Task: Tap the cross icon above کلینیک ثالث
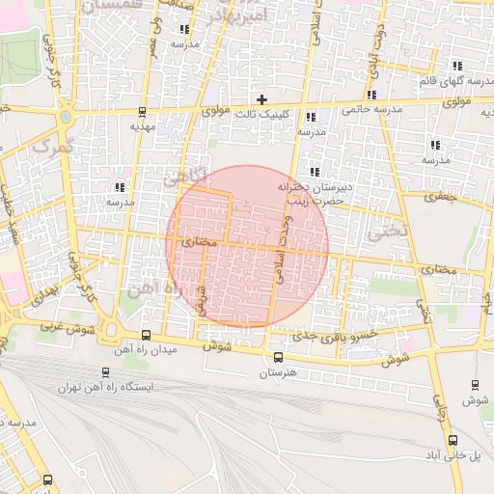click(261, 98)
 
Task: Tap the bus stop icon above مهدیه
click(143, 111)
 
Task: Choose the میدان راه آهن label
click(145, 350)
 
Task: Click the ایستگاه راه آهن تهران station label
click(105, 387)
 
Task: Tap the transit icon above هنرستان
click(279, 357)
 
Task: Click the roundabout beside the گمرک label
click(65, 118)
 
